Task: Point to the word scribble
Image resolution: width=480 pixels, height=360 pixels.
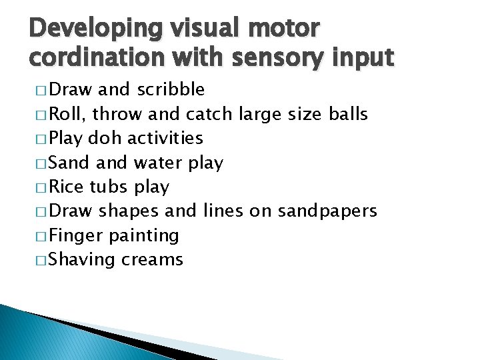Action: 171,89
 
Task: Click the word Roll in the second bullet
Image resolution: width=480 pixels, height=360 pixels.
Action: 69,114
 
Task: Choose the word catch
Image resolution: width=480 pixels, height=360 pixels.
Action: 209,114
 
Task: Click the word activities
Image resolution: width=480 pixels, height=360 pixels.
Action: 165,138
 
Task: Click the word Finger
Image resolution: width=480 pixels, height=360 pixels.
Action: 75,235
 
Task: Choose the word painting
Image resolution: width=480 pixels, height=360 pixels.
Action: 144,236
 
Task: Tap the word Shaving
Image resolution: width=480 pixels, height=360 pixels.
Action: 83,260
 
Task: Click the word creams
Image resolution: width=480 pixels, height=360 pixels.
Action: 152,260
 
